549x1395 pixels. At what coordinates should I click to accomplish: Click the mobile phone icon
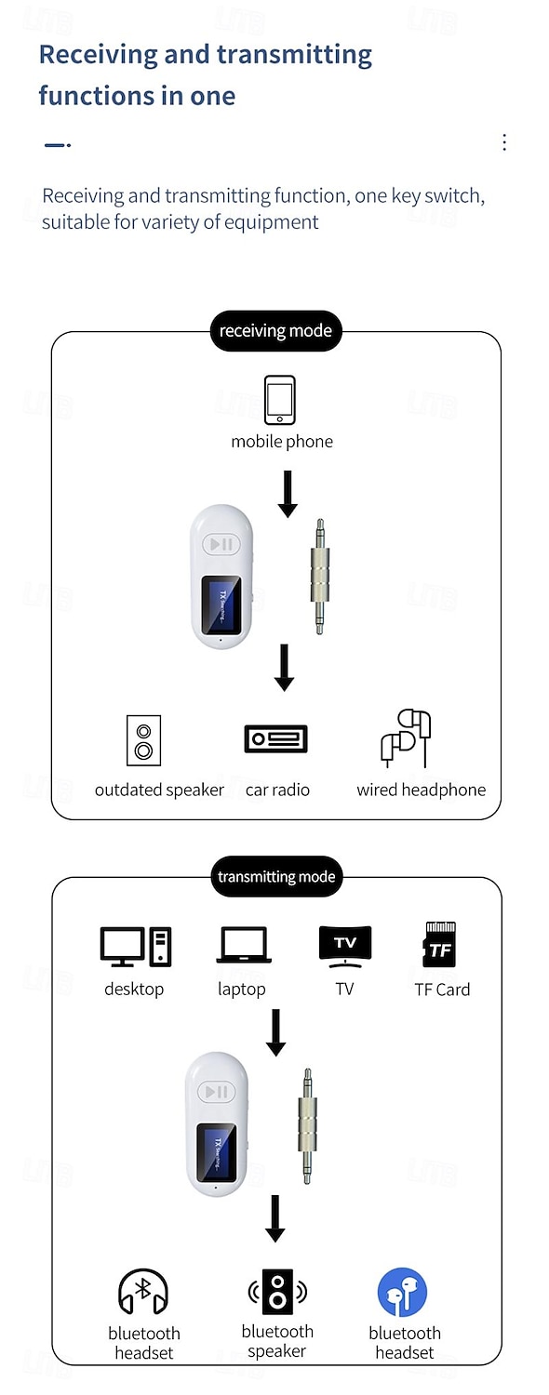click(279, 400)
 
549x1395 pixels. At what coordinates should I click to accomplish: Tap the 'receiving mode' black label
click(275, 331)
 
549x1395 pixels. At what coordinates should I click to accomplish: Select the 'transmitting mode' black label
click(276, 876)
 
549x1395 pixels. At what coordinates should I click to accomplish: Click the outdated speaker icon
click(143, 740)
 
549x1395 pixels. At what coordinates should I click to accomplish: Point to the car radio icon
click(276, 739)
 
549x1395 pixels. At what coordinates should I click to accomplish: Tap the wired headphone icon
click(406, 738)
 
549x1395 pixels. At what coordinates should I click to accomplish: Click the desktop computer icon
click(136, 947)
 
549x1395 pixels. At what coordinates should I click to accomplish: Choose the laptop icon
click(244, 945)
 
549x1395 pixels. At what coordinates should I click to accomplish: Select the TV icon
click(344, 947)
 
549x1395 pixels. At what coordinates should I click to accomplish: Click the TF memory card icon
click(440, 944)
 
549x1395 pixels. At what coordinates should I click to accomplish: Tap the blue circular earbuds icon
click(403, 1293)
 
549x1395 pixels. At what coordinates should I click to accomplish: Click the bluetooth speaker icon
click(277, 1291)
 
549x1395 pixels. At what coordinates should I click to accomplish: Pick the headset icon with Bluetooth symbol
click(143, 1292)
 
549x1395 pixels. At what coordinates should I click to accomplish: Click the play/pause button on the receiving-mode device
click(221, 544)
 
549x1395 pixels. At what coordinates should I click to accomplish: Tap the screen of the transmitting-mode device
click(217, 1153)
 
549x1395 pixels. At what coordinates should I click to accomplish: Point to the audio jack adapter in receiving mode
click(320, 577)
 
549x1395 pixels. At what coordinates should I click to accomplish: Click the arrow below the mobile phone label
click(288, 494)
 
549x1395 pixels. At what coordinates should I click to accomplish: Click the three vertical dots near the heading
click(504, 142)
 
